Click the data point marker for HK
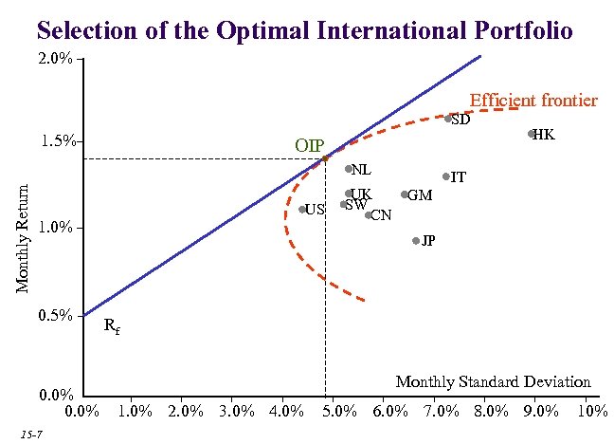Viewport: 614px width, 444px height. pos(532,134)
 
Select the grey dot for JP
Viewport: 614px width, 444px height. pos(416,241)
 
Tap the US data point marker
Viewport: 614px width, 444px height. pos(302,210)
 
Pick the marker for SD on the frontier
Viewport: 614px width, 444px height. pos(448,119)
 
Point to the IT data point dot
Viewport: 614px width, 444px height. pos(445,176)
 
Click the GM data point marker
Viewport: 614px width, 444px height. pos(405,194)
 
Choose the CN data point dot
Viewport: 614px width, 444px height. pos(369,215)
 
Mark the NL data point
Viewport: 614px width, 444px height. pos(349,169)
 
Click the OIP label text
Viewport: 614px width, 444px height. pos(309,146)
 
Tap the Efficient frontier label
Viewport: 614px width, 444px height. pos(533,100)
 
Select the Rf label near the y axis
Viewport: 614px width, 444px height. pos(111,327)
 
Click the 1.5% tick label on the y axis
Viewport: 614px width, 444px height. pos(59,141)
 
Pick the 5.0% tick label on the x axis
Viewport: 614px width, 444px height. pos(338,411)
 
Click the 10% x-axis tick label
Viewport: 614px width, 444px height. pos(591,411)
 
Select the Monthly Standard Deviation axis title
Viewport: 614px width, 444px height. pos(493,381)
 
